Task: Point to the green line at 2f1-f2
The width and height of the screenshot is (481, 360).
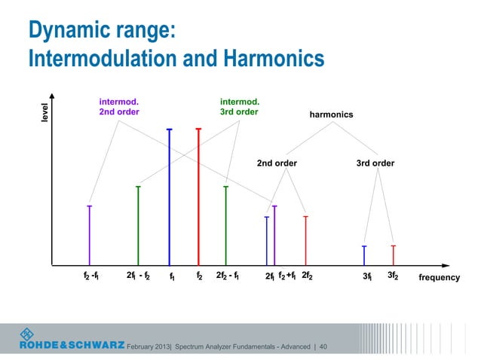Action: pyautogui.click(x=138, y=226)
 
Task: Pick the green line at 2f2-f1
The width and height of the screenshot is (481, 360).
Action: pyautogui.click(x=226, y=226)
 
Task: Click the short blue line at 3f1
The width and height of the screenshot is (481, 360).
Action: pyautogui.click(x=364, y=256)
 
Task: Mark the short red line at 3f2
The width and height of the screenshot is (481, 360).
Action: pyautogui.click(x=394, y=256)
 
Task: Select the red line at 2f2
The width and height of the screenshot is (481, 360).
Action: pyautogui.click(x=305, y=241)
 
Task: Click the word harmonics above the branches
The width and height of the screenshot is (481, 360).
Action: pyautogui.click(x=331, y=115)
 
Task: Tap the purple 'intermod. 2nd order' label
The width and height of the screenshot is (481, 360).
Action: pyautogui.click(x=119, y=106)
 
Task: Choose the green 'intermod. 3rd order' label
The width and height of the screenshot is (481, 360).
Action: pyautogui.click(x=239, y=106)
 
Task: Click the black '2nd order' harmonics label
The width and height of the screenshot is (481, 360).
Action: pyautogui.click(x=277, y=163)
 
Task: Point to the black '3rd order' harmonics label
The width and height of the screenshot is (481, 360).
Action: pyautogui.click(x=375, y=163)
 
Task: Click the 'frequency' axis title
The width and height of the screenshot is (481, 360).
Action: pyautogui.click(x=439, y=278)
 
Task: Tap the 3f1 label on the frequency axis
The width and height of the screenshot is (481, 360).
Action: pyautogui.click(x=366, y=277)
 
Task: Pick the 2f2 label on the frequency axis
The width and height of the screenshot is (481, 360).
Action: pyautogui.click(x=307, y=276)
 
